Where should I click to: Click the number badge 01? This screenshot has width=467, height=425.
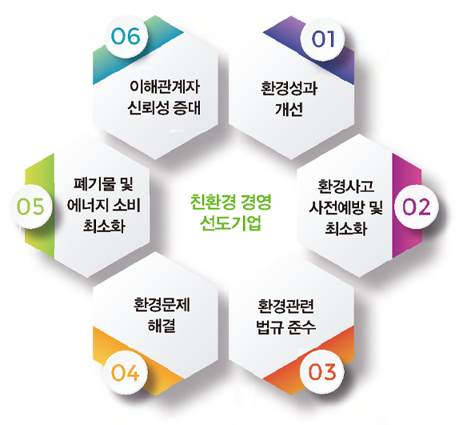(322, 39)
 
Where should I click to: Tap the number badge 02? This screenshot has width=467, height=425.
(417, 206)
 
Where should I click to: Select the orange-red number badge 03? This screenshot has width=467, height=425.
(322, 372)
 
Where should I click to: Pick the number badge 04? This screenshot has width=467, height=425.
(125, 372)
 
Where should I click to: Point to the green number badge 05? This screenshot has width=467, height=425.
(31, 206)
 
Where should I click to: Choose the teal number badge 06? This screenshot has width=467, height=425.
(126, 36)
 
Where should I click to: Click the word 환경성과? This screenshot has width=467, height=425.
(289, 88)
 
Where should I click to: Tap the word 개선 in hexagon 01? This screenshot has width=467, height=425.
(289, 109)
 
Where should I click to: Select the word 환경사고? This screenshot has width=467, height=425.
(345, 186)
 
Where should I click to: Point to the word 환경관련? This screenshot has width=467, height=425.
(285, 306)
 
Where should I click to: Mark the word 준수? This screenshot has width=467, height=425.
(301, 327)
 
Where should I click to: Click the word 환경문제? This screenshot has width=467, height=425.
(162, 304)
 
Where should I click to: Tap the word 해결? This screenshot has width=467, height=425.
(162, 325)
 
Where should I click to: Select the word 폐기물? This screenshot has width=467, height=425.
(94, 184)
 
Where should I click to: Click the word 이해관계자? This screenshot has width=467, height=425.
(165, 86)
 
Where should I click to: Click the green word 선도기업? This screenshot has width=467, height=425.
(230, 223)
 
